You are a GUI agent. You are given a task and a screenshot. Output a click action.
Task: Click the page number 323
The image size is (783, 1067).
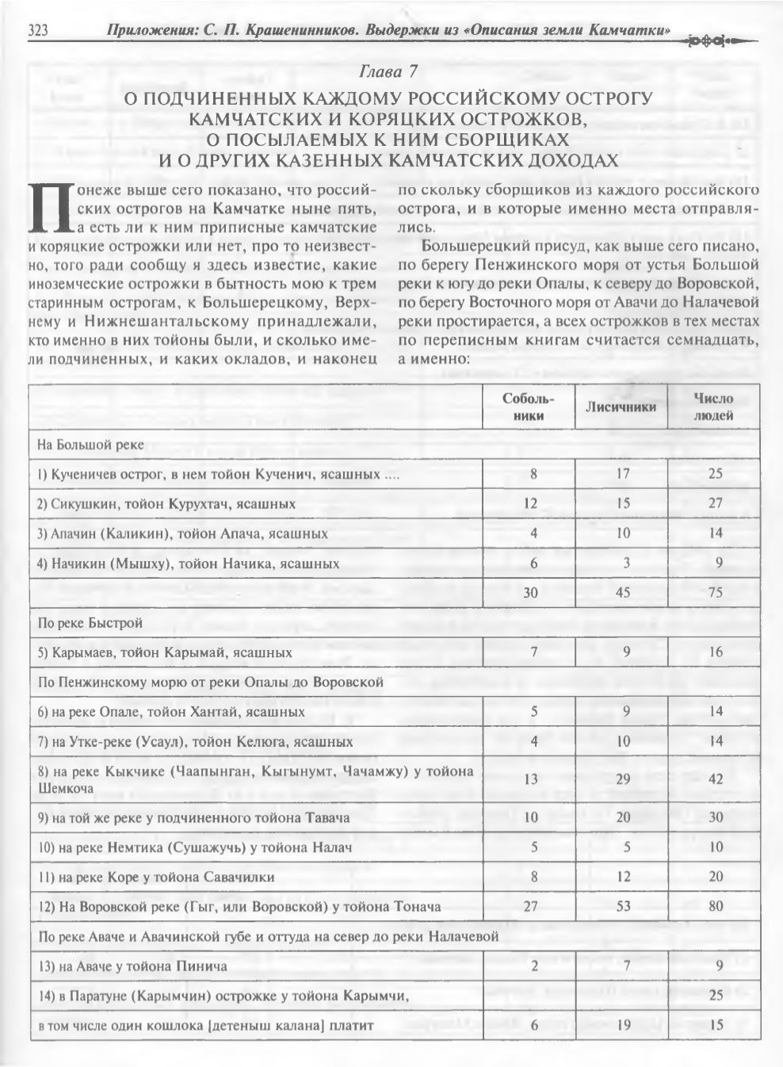(x=39, y=32)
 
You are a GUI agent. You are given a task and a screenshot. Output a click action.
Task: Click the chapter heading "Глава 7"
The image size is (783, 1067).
(x=388, y=72)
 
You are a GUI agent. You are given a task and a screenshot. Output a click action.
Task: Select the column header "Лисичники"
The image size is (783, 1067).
(x=621, y=407)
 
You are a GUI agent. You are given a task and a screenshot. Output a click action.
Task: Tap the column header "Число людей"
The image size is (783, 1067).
(x=714, y=407)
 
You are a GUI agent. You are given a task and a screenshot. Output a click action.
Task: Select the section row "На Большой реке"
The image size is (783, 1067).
(x=91, y=445)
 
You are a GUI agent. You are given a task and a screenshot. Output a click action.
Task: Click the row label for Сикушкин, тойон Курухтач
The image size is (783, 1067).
(x=166, y=503)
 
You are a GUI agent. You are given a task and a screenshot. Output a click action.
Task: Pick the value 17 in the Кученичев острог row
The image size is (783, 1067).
(x=623, y=474)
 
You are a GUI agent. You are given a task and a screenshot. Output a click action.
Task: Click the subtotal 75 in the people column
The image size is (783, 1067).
(x=715, y=593)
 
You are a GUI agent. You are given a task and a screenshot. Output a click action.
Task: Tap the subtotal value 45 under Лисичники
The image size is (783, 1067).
(x=623, y=593)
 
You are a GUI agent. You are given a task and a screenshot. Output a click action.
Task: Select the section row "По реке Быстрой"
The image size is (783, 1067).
(x=90, y=623)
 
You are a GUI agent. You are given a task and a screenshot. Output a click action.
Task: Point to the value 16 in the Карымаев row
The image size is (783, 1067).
(x=715, y=652)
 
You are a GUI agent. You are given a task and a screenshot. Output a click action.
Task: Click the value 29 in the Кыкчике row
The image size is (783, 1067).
(x=624, y=779)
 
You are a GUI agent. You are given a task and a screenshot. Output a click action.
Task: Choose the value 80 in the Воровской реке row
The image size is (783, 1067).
(x=715, y=906)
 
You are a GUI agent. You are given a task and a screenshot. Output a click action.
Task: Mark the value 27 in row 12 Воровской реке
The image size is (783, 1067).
(x=533, y=906)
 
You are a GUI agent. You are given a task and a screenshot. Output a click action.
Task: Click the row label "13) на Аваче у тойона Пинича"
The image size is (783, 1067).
(x=132, y=966)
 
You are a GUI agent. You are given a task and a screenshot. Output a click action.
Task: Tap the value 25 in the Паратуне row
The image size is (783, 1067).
(x=715, y=996)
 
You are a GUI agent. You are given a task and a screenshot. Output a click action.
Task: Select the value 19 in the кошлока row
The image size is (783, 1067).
(x=624, y=1025)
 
